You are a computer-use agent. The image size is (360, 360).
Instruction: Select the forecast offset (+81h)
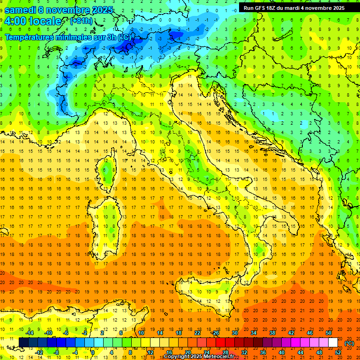click(81, 21)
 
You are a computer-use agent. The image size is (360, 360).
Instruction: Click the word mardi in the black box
click(293, 8)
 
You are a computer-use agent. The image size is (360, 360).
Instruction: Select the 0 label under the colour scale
click(93, 352)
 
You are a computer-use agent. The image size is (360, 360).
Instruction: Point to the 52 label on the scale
click(338, 352)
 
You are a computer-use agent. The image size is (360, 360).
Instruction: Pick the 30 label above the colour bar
click(235, 333)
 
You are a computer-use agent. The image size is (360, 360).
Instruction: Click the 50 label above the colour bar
click(329, 333)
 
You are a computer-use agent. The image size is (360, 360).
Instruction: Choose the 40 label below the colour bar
click(282, 352)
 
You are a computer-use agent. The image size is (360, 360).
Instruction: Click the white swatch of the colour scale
click(333, 342)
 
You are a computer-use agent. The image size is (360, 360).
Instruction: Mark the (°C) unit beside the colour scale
click(349, 343)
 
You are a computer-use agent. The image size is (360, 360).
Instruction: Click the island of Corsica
click(108, 171)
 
